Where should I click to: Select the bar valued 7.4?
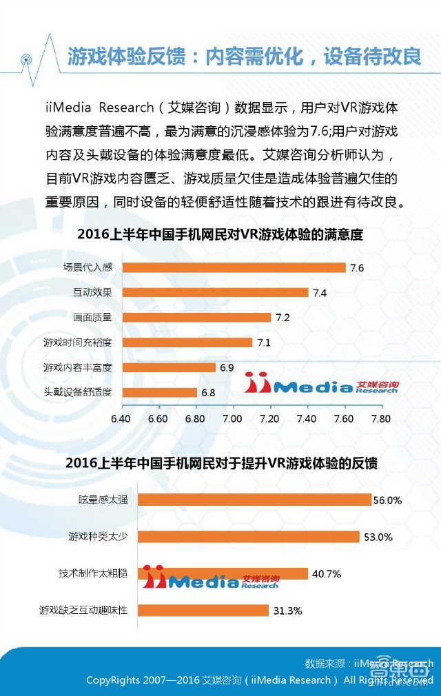[214, 292]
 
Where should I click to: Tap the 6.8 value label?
[208, 393]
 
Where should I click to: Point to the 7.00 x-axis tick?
[232, 418]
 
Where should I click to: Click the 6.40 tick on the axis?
[121, 418]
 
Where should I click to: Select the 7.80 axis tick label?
[380, 418]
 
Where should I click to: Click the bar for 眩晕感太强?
[254, 500]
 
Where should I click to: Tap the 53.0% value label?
[378, 537]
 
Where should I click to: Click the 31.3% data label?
[287, 611]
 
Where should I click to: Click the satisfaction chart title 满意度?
[220, 234]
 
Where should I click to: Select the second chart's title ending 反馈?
[220, 462]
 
